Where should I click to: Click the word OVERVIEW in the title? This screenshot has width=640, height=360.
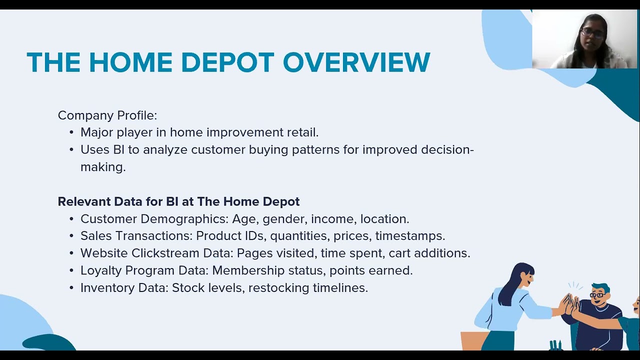(356, 62)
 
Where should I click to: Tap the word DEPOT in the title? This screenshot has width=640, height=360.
(227, 62)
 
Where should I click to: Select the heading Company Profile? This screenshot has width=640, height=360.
(107, 115)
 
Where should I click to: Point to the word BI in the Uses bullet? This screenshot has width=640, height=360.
(118, 149)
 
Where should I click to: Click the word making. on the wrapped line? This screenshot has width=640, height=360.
(103, 167)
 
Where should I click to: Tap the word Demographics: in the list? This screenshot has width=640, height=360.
(184, 219)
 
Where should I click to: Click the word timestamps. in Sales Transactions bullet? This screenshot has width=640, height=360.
(410, 236)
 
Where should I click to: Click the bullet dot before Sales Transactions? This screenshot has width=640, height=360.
(71, 236)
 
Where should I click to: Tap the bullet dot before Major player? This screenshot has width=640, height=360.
(71, 133)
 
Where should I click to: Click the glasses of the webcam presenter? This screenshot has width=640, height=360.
(592, 33)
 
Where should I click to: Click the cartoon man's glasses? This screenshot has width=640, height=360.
(597, 295)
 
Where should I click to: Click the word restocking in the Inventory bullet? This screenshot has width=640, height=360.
(279, 288)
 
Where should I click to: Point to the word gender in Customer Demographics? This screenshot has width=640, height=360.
(285, 219)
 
